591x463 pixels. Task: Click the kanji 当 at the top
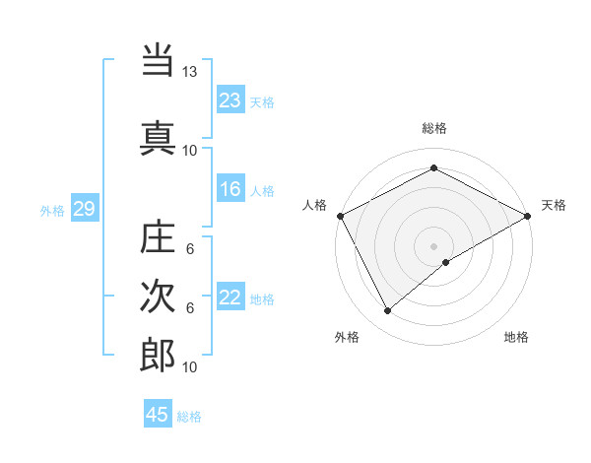(x=158, y=62)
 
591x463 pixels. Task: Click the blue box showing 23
(x=230, y=99)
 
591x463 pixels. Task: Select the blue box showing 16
(x=230, y=190)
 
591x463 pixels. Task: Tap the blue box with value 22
(x=230, y=298)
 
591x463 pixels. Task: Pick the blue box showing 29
(x=84, y=209)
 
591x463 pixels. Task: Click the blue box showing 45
(x=158, y=415)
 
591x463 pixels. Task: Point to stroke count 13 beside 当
(x=190, y=73)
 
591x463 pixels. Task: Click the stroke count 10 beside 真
(x=190, y=150)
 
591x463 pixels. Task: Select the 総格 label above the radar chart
(x=433, y=128)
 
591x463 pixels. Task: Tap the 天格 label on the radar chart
(x=554, y=205)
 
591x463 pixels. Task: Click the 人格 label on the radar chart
(x=314, y=205)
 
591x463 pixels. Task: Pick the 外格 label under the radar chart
(x=347, y=337)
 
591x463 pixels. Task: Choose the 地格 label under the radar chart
(x=516, y=337)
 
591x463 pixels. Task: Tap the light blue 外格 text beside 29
(x=52, y=210)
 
